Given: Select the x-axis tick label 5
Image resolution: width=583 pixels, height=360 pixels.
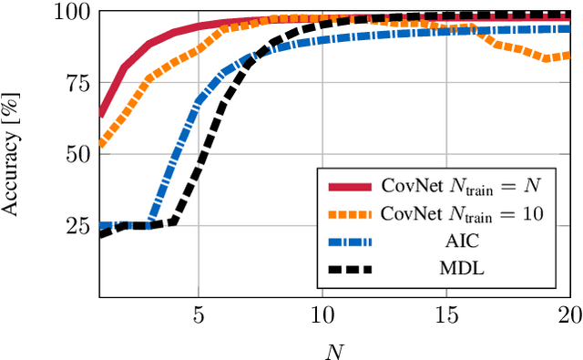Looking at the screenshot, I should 198,314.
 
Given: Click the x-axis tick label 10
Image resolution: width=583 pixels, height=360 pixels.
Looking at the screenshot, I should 322,314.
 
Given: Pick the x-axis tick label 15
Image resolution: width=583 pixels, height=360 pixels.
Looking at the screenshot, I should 445,314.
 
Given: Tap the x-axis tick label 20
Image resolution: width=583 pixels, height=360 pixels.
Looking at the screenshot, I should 568,314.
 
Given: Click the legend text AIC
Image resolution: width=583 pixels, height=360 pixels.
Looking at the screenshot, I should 461,243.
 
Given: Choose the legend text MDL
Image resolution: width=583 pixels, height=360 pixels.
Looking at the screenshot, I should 461,272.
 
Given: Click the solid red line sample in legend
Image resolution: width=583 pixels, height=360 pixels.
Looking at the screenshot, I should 349,187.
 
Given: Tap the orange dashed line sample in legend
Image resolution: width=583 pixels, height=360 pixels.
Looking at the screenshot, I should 349,215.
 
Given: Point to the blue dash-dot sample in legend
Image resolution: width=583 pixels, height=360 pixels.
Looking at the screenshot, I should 349,243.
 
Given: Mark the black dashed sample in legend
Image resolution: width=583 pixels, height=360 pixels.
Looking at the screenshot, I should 349,272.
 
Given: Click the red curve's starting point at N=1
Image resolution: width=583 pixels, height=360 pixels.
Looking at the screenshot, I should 99,115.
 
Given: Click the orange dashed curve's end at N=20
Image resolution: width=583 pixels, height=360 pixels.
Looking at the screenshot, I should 569,55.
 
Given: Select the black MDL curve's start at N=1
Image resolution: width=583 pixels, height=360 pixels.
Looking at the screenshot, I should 99,234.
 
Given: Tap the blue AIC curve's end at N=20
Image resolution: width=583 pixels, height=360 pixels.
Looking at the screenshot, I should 569,29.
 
